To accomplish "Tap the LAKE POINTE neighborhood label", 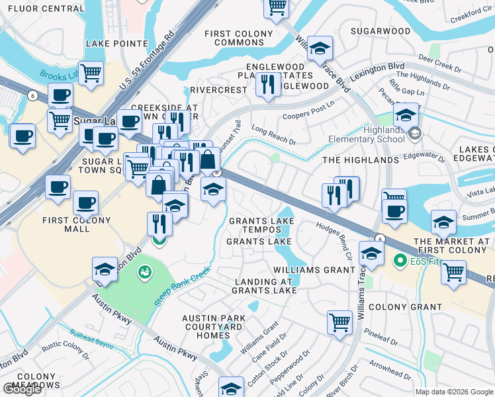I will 116,44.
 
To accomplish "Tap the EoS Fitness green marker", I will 400,261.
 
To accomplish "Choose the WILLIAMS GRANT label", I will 315,270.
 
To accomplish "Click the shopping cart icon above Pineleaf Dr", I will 339,322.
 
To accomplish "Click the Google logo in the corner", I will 22,389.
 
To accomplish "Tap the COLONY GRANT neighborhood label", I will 405,307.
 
